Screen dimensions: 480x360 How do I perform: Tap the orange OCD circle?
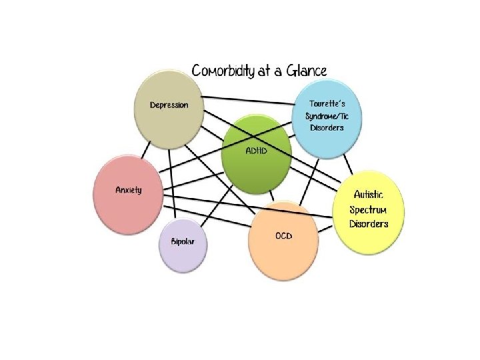[283, 243]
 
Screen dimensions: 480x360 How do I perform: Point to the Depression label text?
[169, 105]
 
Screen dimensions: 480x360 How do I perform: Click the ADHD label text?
[257, 151]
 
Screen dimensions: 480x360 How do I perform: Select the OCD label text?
[283, 236]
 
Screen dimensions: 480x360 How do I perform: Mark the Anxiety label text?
[128, 190]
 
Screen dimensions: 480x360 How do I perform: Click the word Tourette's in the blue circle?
[327, 104]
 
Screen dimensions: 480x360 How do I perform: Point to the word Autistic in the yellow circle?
[369, 195]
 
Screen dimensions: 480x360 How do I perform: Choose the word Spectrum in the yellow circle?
[369, 209]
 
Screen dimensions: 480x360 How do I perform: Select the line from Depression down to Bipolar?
[173, 180]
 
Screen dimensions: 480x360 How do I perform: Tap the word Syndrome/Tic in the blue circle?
[327, 116]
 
